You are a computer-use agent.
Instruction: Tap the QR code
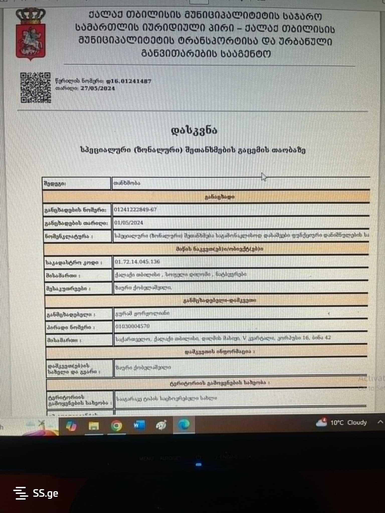coord(35,88)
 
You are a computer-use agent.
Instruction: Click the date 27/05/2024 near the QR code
coord(98,88)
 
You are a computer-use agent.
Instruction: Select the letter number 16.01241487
coord(129,81)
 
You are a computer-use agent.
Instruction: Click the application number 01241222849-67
coord(135,210)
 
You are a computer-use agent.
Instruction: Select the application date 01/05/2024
coord(129,223)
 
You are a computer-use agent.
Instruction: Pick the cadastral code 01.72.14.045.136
coord(137,262)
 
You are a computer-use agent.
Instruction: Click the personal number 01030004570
coord(133,326)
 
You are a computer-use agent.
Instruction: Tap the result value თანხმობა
coord(127,183)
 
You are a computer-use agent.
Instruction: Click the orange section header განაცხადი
coord(220,197)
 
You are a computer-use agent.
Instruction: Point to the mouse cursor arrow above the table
coord(263,177)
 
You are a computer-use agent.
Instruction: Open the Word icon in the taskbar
coord(139,425)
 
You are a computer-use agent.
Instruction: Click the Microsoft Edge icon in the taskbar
coord(184,425)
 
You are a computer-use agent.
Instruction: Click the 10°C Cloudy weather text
coord(348,423)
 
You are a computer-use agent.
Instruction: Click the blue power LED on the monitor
coord(199,464)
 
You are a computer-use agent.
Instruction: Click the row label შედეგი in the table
coord(55,184)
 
